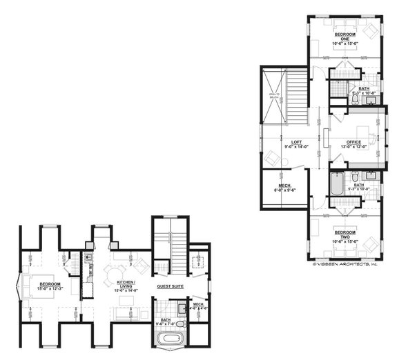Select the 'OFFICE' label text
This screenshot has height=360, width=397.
[x=354, y=142]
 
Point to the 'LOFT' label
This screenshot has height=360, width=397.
[x=296, y=142]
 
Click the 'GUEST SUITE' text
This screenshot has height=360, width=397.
[x=169, y=286]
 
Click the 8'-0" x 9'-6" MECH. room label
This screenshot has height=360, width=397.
[x=284, y=188]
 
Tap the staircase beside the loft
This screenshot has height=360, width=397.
[x=296, y=97]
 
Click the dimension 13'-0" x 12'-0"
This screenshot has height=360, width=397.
[x=354, y=147]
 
